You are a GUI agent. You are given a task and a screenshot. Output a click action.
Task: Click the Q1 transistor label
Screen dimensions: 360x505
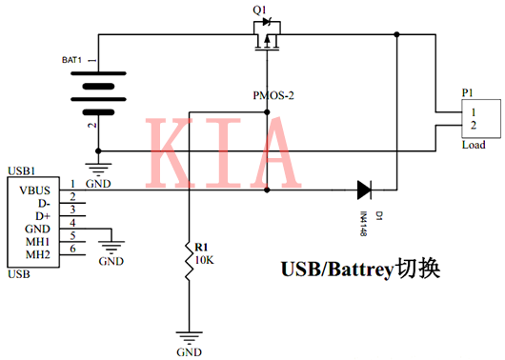258,10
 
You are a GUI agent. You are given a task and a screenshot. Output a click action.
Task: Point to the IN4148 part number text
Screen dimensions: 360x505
364,221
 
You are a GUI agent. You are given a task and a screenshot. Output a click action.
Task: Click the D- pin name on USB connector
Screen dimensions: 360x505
42,203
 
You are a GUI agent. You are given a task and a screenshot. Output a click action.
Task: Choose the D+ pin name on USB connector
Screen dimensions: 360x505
42,216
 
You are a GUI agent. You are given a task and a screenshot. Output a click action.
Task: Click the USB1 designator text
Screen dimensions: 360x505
22,170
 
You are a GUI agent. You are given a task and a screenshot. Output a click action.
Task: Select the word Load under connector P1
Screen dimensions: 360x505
474,145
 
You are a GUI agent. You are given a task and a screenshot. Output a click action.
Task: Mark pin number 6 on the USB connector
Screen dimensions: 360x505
72,249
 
